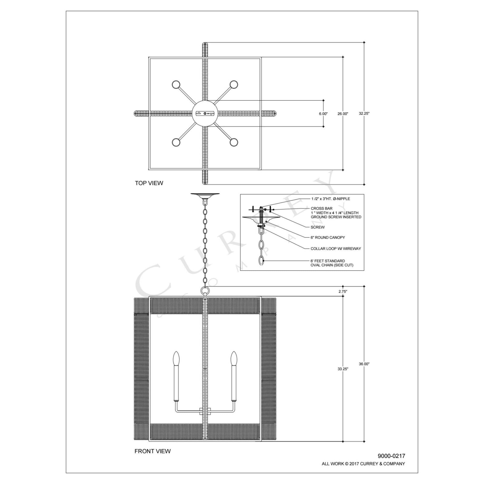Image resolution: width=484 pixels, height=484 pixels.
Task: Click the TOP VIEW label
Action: pos(149,183)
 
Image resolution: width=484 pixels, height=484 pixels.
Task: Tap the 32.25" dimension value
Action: pos(364,113)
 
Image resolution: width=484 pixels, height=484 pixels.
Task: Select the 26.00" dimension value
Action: pos(343,114)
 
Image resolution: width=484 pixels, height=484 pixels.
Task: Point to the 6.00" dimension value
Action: pos(323,114)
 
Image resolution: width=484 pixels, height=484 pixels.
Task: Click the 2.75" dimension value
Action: pos(343,291)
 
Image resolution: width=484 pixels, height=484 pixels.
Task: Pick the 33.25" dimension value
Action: pos(343,369)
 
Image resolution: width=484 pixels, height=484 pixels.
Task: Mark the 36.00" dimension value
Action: pos(364,364)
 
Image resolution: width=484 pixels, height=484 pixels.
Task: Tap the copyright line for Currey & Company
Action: pos(363,464)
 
